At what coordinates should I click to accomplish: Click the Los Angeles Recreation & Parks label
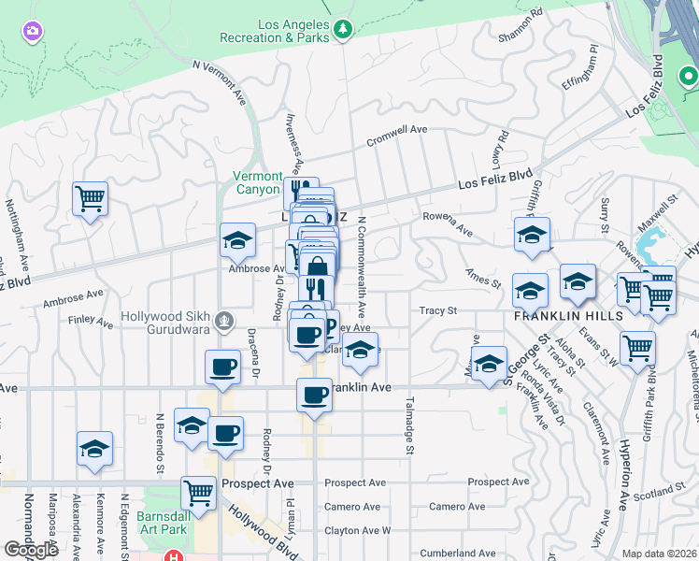(274, 32)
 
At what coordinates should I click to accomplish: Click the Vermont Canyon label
(257, 182)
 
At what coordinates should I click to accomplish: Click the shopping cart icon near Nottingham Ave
(90, 197)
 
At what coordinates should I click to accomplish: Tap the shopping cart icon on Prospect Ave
(198, 491)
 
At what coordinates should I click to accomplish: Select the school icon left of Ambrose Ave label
(237, 239)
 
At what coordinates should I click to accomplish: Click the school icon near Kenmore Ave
(94, 449)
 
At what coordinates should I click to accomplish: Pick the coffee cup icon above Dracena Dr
(223, 367)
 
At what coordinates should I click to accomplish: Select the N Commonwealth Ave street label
(362, 263)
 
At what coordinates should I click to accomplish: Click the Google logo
(31, 550)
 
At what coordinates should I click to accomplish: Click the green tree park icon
(343, 29)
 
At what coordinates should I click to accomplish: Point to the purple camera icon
(32, 32)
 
